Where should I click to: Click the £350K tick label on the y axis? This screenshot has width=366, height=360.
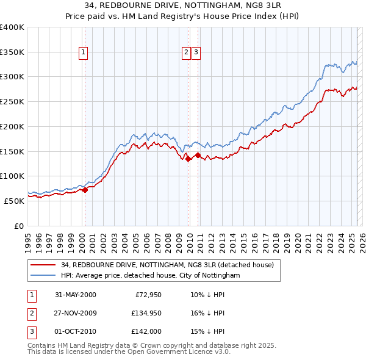point(12,52)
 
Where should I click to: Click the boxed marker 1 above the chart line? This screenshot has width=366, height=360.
point(83,52)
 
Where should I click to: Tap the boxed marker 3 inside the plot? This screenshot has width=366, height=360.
point(195,52)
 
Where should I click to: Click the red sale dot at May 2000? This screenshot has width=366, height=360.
point(85,190)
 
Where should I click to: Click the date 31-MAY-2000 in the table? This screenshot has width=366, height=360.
point(75,295)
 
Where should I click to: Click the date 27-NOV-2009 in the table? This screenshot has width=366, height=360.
point(75,313)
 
